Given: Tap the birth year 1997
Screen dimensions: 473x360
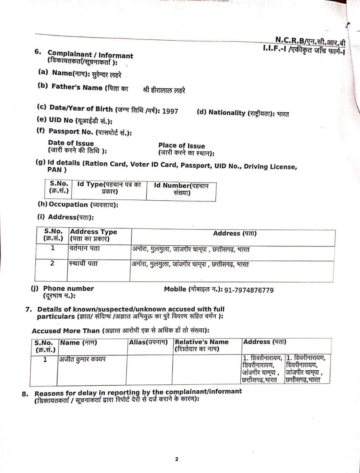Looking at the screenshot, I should coord(170,111).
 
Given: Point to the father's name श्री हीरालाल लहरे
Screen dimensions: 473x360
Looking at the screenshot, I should coord(164,90).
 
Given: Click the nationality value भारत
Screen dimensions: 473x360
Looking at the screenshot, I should coord(283,114).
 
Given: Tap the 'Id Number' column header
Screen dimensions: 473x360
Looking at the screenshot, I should coord(181,189).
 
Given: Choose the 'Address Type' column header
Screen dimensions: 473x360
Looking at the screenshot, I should coord(93,235).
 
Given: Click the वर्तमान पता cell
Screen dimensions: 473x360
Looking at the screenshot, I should coord(84,249).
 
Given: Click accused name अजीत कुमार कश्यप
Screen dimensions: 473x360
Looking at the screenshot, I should coord(82,359).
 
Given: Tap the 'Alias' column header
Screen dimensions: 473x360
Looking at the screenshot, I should coord(148,342).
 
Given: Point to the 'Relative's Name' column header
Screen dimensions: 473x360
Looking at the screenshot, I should coord(202,345).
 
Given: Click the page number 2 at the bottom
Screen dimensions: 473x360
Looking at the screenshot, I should coord(176,459).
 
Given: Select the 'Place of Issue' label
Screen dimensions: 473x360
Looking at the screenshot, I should coord(182,146).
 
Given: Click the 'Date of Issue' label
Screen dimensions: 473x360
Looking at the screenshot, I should coord(71,143).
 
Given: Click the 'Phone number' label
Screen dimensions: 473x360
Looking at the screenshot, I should coord(68,289).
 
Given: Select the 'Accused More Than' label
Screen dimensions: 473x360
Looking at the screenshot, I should coord(66,331).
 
